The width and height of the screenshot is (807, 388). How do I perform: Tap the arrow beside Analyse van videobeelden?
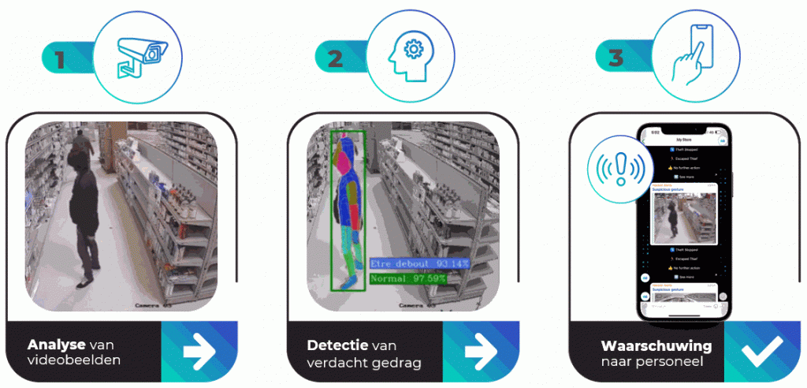tap(199, 352)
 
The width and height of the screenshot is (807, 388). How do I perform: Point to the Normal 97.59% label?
tap(408, 278)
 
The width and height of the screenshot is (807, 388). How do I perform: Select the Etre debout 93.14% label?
tap(419, 263)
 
